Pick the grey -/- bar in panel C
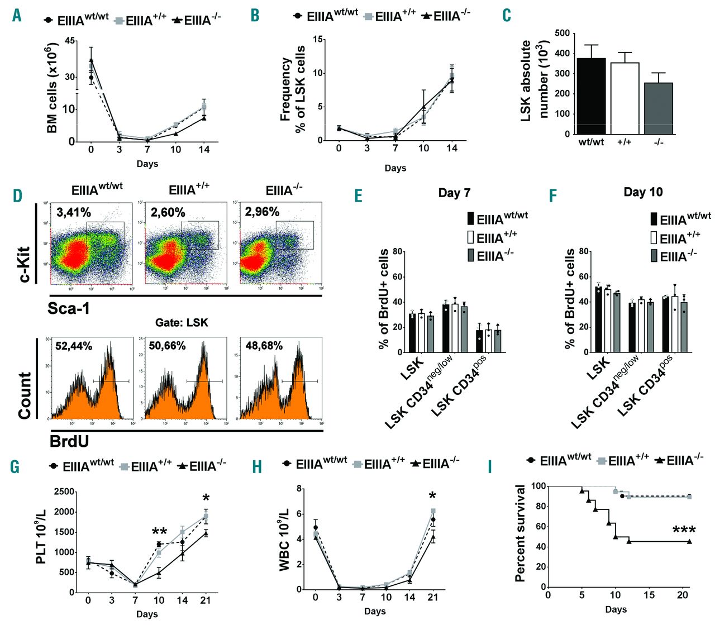[658, 108]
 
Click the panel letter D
[17, 195]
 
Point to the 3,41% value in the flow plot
[73, 212]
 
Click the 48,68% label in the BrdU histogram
[264, 346]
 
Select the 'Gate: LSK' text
[182, 323]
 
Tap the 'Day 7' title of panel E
[454, 193]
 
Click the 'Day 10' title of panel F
[643, 193]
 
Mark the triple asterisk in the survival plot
[684, 530]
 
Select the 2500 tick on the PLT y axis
[65, 492]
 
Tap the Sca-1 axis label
[68, 308]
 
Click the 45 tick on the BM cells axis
[69, 41]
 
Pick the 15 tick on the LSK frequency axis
[318, 39]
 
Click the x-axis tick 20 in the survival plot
[682, 595]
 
